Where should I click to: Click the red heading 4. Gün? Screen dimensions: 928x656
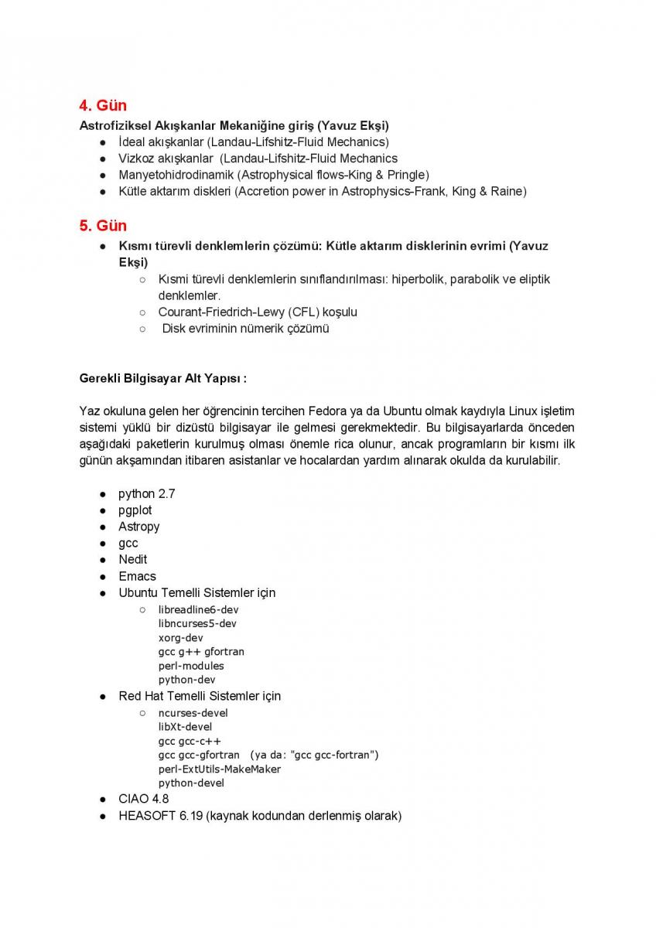pyautogui.click(x=103, y=106)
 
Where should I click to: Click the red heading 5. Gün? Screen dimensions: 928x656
pyautogui.click(x=103, y=226)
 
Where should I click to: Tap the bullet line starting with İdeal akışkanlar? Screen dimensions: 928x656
pyautogui.click(x=253, y=142)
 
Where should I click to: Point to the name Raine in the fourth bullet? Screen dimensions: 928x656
pyautogui.click(x=508, y=191)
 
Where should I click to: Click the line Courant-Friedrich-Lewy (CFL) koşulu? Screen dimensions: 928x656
pyautogui.click(x=258, y=312)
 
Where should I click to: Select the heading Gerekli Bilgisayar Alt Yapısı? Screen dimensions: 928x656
pyautogui.click(x=162, y=379)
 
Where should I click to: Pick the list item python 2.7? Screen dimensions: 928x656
pyautogui.click(x=146, y=494)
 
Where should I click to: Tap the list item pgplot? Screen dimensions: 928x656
pyautogui.click(x=135, y=510)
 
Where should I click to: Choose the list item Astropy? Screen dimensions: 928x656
pyautogui.click(x=138, y=527)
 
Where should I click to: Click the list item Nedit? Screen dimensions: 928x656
pyautogui.click(x=132, y=560)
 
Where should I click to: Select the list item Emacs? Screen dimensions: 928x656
pyautogui.click(x=137, y=576)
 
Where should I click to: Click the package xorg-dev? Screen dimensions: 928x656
pyautogui.click(x=180, y=638)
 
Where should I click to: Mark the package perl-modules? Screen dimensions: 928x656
pyautogui.click(x=191, y=666)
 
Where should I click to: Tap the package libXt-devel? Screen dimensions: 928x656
pyautogui.click(x=185, y=727)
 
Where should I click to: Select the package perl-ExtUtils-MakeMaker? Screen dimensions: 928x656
pyautogui.click(x=220, y=769)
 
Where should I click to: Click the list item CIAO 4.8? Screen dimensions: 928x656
pyautogui.click(x=143, y=799)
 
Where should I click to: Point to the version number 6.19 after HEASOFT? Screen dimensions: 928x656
pyautogui.click(x=190, y=816)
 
